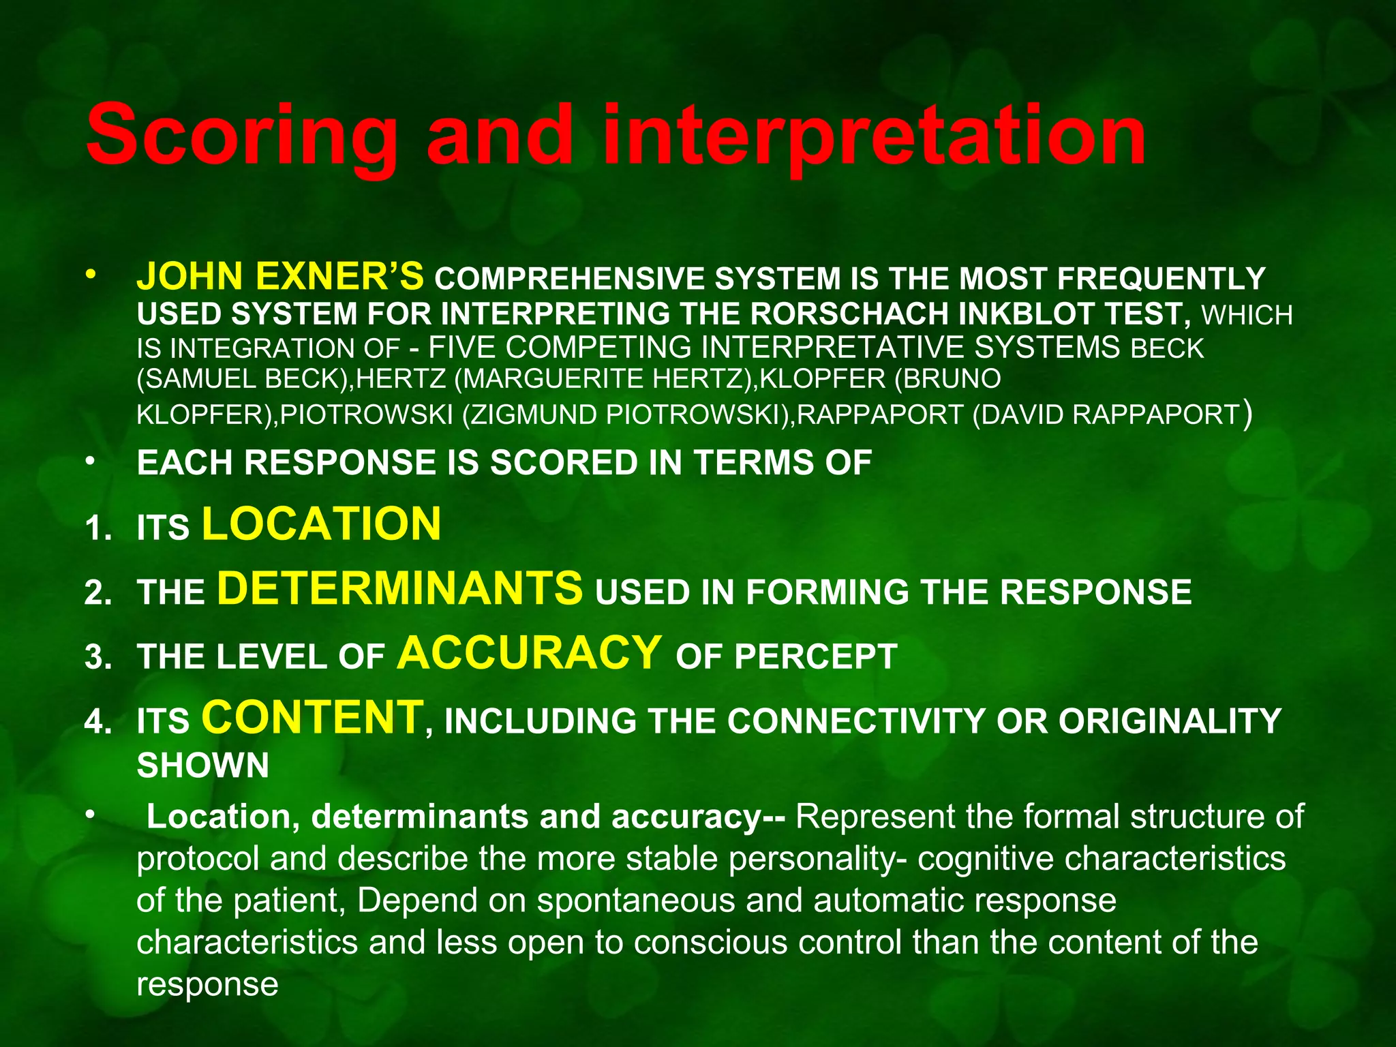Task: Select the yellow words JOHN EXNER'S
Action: coord(280,276)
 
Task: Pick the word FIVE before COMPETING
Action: coord(464,348)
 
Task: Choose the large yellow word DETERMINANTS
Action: coord(400,588)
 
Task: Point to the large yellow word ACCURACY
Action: coord(530,652)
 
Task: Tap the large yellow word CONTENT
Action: coord(313,717)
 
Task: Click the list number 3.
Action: coord(98,658)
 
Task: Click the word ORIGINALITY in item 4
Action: coord(1170,721)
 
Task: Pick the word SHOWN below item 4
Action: coord(203,765)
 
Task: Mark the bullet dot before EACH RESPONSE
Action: coord(89,461)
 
